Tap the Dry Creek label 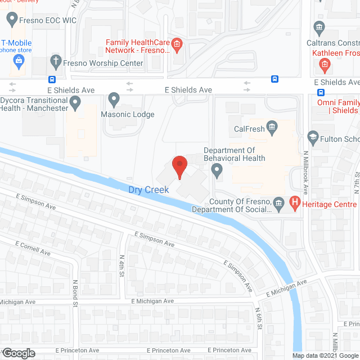tap(148, 190)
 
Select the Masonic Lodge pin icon tap(114, 101)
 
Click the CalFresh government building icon tap(273, 129)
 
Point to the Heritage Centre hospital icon tap(294, 204)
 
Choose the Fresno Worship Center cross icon tap(55, 63)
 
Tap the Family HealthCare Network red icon tap(176, 43)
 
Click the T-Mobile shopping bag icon tap(19, 65)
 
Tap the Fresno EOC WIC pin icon tap(11, 20)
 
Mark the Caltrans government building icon tap(319, 28)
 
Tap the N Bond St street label tap(74, 291)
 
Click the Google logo tap(19, 353)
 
